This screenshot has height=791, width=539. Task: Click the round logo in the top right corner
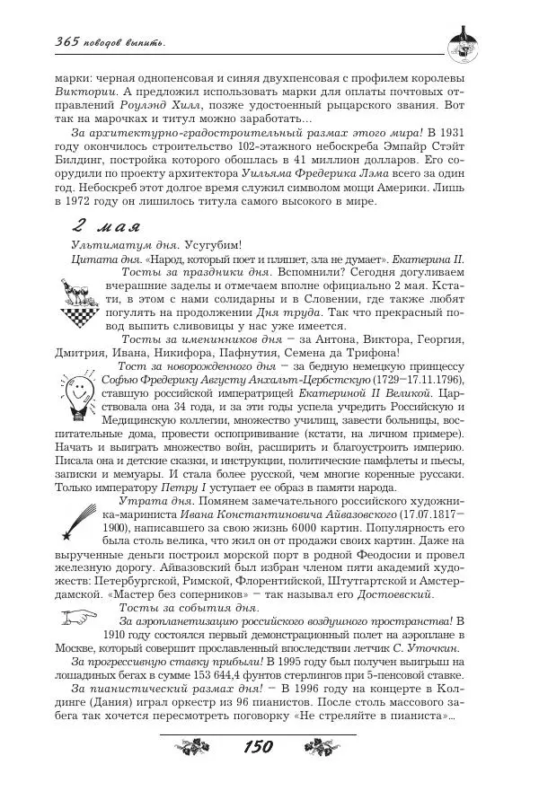click(x=466, y=40)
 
